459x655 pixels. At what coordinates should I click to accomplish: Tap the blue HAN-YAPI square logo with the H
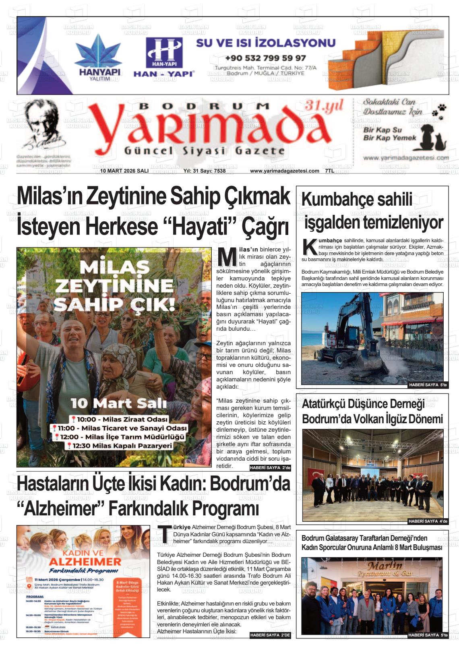[x=164, y=52]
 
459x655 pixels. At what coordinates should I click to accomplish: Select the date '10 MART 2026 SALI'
[x=124, y=171]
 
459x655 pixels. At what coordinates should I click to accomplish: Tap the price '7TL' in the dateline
[x=329, y=171]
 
